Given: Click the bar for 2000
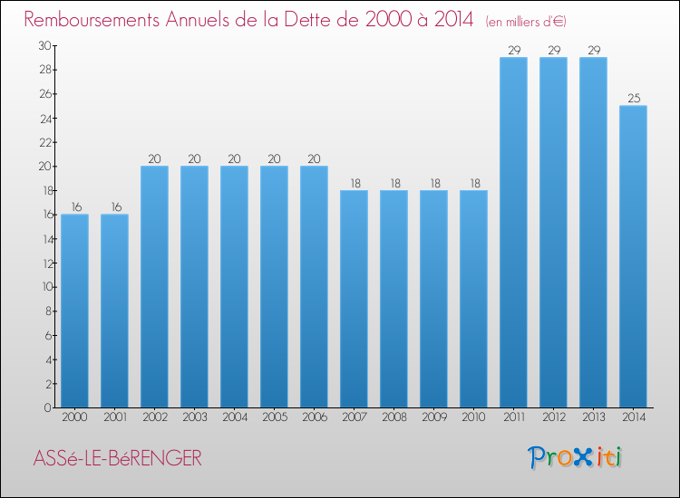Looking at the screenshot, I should pyautogui.click(x=74, y=311).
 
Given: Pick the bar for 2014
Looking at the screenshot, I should pyautogui.click(x=633, y=256).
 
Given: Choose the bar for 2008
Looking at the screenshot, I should pyautogui.click(x=393, y=299).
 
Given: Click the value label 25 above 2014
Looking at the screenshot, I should pyautogui.click(x=633, y=98).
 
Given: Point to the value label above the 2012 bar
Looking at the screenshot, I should pyautogui.click(x=553, y=50).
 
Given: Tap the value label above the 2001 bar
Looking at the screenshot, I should pyautogui.click(x=114, y=206).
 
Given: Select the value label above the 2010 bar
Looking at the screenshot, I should pyautogui.click(x=473, y=183).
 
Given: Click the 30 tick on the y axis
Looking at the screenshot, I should pyautogui.click(x=44, y=45).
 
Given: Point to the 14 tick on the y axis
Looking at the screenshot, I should pyautogui.click(x=44, y=239).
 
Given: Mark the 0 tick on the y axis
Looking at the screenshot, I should pyautogui.click(x=46, y=408).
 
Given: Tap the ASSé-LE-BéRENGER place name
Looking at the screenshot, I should pyautogui.click(x=117, y=458).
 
